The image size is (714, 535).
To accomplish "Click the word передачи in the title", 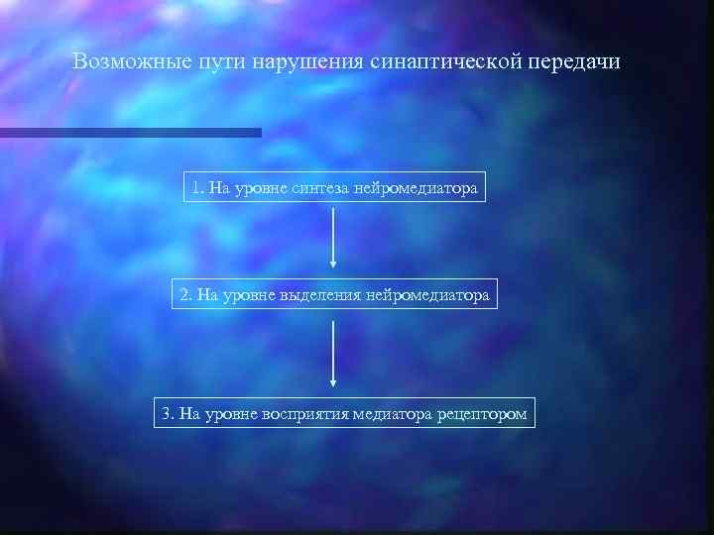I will (573, 62).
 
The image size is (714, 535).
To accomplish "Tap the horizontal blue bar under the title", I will (130, 132).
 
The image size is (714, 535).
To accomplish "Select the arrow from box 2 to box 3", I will (333, 352).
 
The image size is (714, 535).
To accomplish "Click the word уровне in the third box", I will (233, 412).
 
